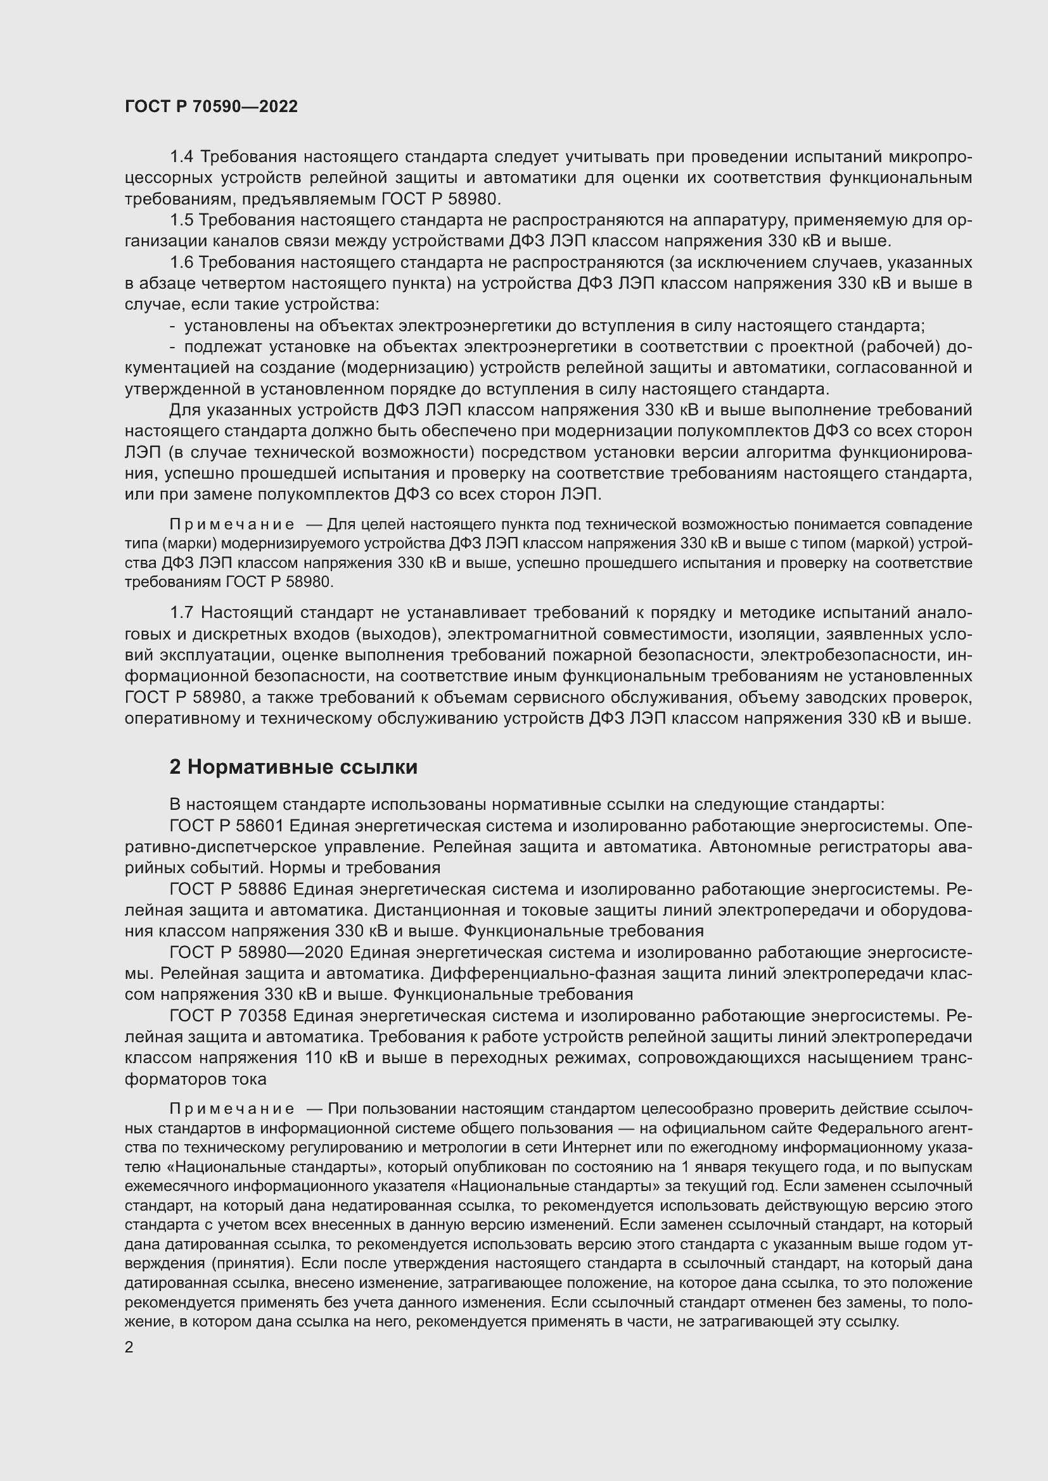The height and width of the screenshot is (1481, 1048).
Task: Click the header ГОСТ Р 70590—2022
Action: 211,107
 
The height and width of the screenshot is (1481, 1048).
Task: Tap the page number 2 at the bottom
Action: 129,1347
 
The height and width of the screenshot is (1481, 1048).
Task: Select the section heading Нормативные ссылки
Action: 293,767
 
